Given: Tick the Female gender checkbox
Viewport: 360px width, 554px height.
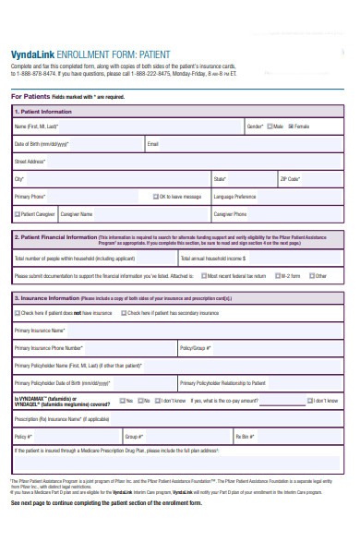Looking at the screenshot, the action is coord(291,126).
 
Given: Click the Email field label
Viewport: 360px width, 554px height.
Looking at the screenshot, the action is coord(153,144).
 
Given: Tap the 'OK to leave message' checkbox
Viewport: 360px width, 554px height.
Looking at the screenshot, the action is coord(155,197).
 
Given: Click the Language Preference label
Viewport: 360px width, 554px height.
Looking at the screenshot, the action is coord(234,197).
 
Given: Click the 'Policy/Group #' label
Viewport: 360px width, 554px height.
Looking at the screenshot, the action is coord(196,348).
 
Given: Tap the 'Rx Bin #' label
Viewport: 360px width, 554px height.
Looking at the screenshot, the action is coord(244,435).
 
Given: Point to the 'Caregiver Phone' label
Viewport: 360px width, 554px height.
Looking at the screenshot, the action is coord(230,214).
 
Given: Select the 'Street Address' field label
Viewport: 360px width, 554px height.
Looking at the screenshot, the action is coord(30,162).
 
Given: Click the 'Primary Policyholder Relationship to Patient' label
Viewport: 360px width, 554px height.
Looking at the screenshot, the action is coord(222,382).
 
